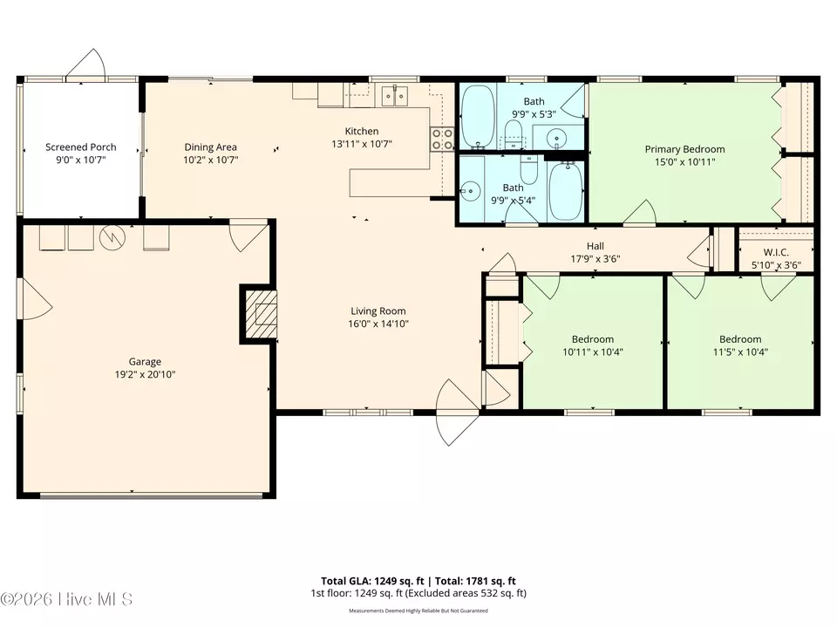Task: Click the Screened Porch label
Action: click(x=80, y=147)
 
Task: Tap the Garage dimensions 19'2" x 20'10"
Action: click(x=145, y=374)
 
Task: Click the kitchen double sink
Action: click(x=394, y=96)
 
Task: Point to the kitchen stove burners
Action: click(x=443, y=139)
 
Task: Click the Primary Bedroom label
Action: click(x=685, y=149)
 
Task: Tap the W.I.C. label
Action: click(x=776, y=252)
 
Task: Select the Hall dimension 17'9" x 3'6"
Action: click(x=595, y=259)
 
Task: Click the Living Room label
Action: click(x=378, y=311)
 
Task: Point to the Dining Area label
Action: click(x=210, y=147)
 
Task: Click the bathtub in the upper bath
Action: click(x=479, y=116)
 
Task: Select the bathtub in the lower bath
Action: click(x=566, y=191)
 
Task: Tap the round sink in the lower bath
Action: click(x=470, y=191)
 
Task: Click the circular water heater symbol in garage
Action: click(x=112, y=237)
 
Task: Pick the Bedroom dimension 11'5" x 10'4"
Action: click(x=740, y=352)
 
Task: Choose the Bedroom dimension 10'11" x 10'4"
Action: click(x=593, y=352)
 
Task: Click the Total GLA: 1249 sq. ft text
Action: click(x=372, y=581)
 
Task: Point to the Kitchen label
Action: click(x=361, y=131)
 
